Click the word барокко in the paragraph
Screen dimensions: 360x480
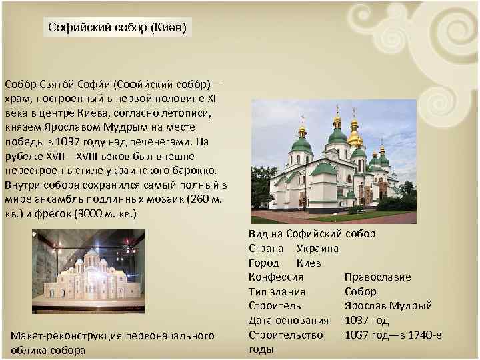click(197, 171)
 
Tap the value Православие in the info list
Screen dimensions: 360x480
click(377, 277)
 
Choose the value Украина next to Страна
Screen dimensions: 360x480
click(317, 248)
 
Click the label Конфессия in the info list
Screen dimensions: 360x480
click(276, 277)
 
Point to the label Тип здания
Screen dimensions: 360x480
click(277, 291)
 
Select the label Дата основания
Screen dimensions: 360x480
click(289, 320)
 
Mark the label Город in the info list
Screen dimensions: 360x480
click(263, 263)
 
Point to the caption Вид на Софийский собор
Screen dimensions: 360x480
click(311, 234)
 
